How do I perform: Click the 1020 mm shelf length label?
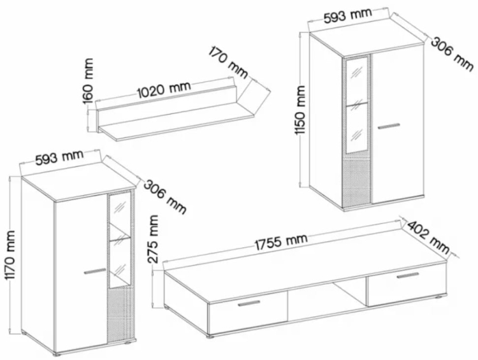pos(164,89)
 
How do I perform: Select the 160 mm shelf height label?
pos(88,81)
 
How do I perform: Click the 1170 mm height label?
pos(10,255)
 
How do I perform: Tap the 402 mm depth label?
pos(428,237)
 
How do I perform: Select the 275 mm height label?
pos(153,239)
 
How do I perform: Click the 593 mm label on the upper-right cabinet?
pos(347,15)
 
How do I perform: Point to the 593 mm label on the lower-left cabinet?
pos(59,157)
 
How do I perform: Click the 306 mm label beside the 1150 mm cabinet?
pos(452,54)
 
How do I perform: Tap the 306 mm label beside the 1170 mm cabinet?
pos(164,197)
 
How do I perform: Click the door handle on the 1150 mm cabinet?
pos(389,126)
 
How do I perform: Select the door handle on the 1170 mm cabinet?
pos(96,271)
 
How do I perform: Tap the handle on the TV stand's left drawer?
pos(249,303)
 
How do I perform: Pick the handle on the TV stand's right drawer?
pos(408,275)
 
